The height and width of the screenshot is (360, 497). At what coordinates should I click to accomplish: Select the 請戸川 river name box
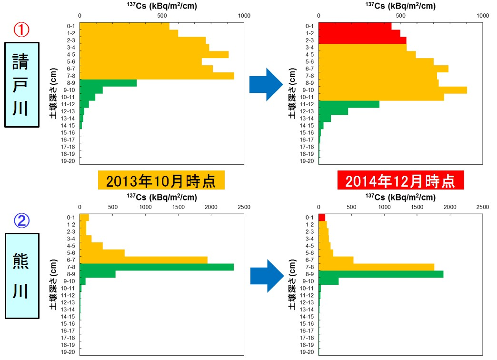(21, 85)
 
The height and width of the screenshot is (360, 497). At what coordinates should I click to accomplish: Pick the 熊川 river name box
(21, 276)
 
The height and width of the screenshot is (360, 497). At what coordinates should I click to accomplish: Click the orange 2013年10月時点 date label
(160, 181)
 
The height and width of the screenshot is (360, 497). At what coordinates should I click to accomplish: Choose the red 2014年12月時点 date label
(400, 181)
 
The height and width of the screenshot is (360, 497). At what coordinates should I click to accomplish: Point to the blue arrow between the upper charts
(266, 84)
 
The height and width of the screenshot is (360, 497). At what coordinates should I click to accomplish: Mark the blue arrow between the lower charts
(267, 276)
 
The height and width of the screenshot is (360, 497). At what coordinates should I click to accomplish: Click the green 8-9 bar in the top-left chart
(108, 83)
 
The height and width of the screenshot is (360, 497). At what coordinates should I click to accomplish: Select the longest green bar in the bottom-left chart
(157, 267)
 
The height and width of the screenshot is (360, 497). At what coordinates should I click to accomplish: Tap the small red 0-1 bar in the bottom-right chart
(322, 217)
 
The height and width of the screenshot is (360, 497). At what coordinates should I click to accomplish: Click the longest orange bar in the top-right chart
(393, 90)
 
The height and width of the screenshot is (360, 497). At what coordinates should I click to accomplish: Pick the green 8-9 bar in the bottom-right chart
(381, 274)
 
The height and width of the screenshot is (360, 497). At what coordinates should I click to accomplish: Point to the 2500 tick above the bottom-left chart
(244, 208)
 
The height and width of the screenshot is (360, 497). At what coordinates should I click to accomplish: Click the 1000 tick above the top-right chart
(483, 15)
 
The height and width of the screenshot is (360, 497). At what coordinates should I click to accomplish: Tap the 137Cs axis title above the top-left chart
(162, 6)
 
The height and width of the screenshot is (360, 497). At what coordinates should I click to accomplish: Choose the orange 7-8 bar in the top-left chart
(157, 76)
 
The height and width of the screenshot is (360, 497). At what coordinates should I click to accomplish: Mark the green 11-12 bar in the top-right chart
(349, 104)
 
